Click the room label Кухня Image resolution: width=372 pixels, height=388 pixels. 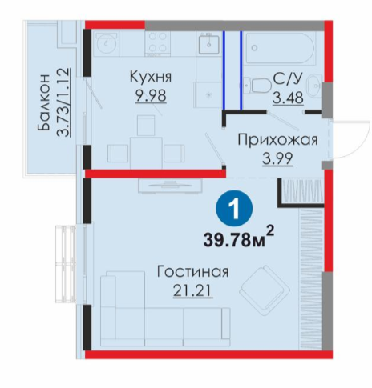pyautogui.click(x=151, y=77)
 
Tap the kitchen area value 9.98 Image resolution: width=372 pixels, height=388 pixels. pyautogui.click(x=151, y=95)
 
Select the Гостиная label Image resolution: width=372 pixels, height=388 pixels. pyautogui.click(x=192, y=272)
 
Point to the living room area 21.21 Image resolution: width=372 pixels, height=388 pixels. pyautogui.click(x=192, y=290)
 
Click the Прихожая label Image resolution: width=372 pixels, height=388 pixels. pyautogui.click(x=277, y=140)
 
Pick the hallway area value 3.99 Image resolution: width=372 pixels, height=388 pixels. pyautogui.click(x=277, y=158)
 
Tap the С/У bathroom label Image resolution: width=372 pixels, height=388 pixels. pyautogui.click(x=288, y=78)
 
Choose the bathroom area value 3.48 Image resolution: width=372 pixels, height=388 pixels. pyautogui.click(x=288, y=98)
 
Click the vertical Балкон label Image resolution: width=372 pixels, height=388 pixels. pyautogui.click(x=44, y=102)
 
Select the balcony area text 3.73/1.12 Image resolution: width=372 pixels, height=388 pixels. pyautogui.click(x=63, y=102)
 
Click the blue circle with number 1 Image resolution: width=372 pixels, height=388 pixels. pyautogui.click(x=234, y=208)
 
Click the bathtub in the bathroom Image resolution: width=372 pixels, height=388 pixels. pyautogui.click(x=281, y=47)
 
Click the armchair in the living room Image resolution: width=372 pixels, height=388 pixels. pyautogui.click(x=265, y=290)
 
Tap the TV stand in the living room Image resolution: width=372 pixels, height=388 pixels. pyautogui.click(x=170, y=185)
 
